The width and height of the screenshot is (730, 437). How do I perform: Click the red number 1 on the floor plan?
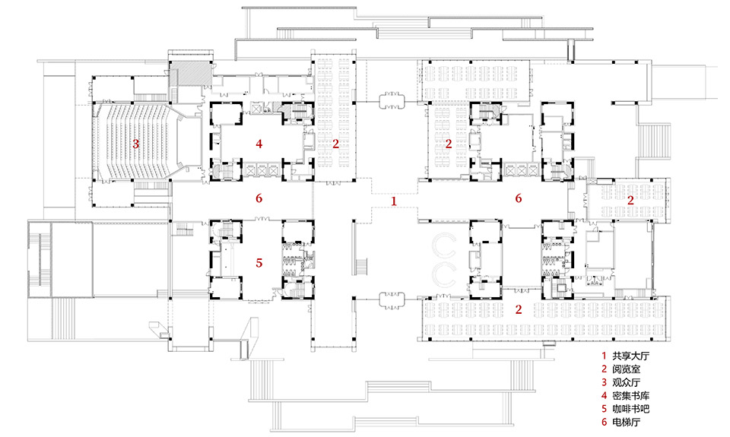click(394, 201)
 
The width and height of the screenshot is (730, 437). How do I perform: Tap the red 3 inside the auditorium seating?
click(135, 144)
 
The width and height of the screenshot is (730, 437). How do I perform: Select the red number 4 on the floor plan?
click(259, 144)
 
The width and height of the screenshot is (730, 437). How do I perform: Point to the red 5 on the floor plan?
click(259, 263)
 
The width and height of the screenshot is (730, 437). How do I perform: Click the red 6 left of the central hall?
click(259, 198)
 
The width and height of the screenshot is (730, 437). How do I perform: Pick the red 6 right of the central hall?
click(518, 198)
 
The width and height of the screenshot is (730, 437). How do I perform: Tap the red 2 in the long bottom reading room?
click(519, 309)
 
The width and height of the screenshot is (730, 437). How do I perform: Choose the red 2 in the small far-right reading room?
click(630, 201)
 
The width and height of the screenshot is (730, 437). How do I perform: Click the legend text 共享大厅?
click(630, 356)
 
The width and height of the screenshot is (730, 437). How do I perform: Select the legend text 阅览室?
click(626, 369)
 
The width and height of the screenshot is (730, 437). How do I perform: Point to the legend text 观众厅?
click(626, 382)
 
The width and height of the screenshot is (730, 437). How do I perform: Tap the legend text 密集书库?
click(630, 396)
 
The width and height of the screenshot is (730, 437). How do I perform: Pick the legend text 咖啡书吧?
click(630, 409)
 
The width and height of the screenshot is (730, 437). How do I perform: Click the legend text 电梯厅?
click(626, 422)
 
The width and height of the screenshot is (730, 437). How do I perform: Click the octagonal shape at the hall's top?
click(392, 100)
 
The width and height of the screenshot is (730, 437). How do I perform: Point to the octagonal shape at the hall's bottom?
click(392, 301)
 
